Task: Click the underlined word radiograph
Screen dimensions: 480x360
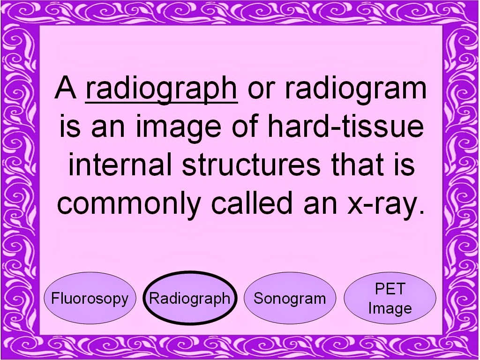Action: [161, 89]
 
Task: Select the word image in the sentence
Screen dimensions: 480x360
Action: [179, 127]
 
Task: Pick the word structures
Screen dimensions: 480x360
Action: [251, 165]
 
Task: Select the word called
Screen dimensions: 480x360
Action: [252, 202]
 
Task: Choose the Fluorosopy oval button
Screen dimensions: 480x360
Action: [90, 298]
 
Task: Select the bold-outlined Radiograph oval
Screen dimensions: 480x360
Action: [190, 298]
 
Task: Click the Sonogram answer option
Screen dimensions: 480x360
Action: [290, 298]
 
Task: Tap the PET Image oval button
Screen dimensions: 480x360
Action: [390, 298]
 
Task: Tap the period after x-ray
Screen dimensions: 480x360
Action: [422, 212]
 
